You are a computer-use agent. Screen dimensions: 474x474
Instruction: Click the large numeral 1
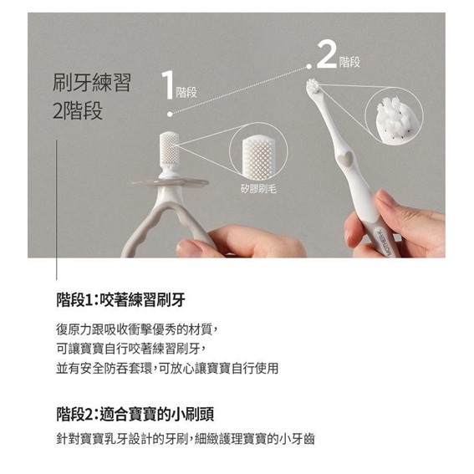pos(168,85)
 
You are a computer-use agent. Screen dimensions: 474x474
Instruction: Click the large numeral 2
pos(327,54)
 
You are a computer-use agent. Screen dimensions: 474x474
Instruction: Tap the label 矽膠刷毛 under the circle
pos(259,189)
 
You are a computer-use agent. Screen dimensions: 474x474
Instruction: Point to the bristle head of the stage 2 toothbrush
pos(313,86)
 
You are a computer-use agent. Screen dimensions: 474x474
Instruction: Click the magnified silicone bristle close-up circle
pos(258,151)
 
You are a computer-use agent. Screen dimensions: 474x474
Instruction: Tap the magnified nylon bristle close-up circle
pos(394,115)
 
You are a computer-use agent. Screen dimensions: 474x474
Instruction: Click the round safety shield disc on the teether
pos(170,182)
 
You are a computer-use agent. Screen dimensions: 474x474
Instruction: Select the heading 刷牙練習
pos(92,83)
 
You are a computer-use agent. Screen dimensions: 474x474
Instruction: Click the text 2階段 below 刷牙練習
pos(78,110)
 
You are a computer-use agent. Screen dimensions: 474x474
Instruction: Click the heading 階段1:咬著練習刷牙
pos(120,299)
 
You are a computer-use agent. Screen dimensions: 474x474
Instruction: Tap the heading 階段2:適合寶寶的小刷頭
pos(135,414)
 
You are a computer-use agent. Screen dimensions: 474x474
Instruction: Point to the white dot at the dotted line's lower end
pos(170,115)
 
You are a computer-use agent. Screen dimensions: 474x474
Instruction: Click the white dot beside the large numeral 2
pos(308,66)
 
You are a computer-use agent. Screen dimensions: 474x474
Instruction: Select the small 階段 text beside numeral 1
pos(186,92)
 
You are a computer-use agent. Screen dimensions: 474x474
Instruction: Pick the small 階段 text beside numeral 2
pos(349,62)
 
